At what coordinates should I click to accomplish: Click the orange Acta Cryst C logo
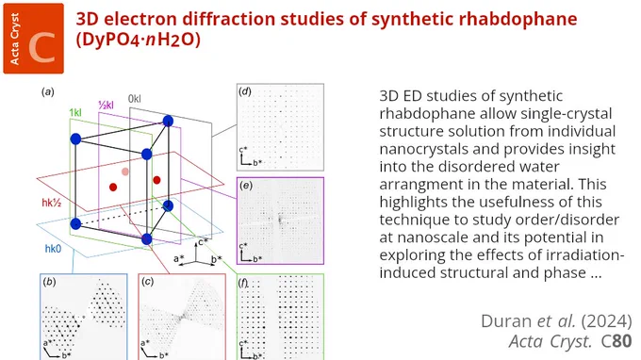click(x=34, y=39)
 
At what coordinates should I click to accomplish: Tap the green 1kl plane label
click(x=75, y=113)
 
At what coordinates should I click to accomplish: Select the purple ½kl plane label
click(x=106, y=106)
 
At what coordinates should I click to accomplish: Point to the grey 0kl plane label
click(x=135, y=98)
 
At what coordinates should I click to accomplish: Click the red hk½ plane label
click(x=52, y=203)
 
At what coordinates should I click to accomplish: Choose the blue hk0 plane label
click(x=53, y=249)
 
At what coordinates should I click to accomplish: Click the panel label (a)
click(x=48, y=92)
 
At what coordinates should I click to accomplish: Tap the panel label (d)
click(x=245, y=91)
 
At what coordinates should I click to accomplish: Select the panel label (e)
click(x=245, y=186)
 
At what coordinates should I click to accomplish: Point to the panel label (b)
click(x=49, y=282)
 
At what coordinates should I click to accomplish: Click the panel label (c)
click(x=147, y=282)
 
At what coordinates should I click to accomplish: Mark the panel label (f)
click(x=244, y=283)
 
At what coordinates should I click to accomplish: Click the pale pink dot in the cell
click(x=125, y=172)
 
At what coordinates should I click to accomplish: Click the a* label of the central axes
click(x=179, y=258)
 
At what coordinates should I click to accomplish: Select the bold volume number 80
click(x=621, y=341)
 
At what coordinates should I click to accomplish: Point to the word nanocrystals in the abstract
click(x=423, y=149)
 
